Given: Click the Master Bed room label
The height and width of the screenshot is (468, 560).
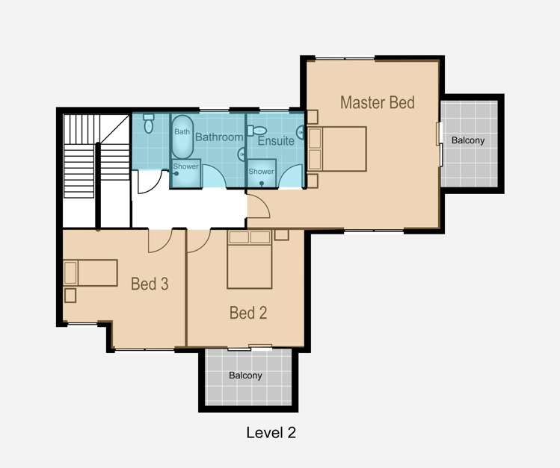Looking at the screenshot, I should pyautogui.click(x=377, y=102).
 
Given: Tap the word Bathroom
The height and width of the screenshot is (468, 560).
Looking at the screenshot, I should pyautogui.click(x=219, y=137).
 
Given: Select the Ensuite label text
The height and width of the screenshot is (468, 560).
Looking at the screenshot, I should pyautogui.click(x=276, y=140).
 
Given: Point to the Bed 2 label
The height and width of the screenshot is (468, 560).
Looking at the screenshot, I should pyautogui.click(x=247, y=313).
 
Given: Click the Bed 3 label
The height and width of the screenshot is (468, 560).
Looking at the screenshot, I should pyautogui.click(x=150, y=284).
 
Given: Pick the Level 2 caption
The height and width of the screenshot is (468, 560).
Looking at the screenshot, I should pyautogui.click(x=271, y=433).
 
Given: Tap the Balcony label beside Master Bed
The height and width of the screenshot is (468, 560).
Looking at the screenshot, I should pyautogui.click(x=468, y=140).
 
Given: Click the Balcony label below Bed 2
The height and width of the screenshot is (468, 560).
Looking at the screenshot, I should pyautogui.click(x=246, y=375).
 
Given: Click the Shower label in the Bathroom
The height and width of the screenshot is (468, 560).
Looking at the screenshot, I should pyautogui.click(x=185, y=166).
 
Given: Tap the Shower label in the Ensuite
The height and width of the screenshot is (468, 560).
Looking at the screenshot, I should pyautogui.click(x=262, y=172).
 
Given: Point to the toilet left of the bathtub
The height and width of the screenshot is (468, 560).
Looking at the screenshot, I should pyautogui.click(x=148, y=123).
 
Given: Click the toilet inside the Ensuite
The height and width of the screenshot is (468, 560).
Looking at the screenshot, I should pyautogui.click(x=259, y=130).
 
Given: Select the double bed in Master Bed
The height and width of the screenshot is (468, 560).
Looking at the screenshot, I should pyautogui.click(x=337, y=149).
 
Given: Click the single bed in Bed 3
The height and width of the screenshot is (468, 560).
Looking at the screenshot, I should pyautogui.click(x=90, y=272).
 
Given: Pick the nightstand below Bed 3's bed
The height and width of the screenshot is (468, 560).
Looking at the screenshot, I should pyautogui.click(x=70, y=295).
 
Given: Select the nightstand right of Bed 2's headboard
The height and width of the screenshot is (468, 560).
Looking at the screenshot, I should pyautogui.click(x=281, y=234).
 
